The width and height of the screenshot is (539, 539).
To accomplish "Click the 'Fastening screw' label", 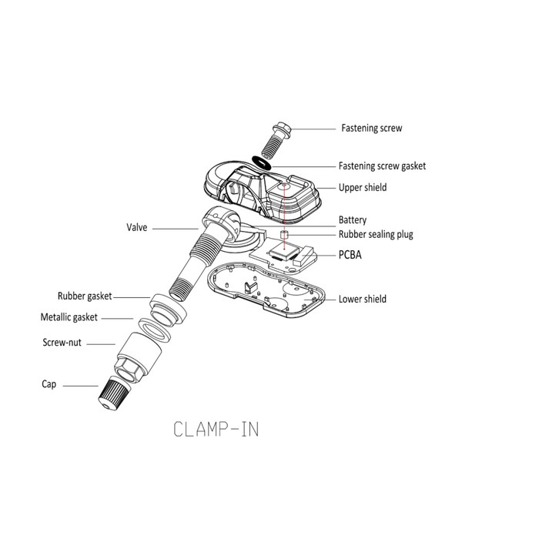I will tap(371, 128).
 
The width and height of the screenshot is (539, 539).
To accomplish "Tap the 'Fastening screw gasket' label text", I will tap(382, 166).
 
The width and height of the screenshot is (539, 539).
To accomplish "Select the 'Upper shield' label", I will tap(363, 187).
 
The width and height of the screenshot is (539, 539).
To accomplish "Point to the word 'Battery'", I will tap(353, 219).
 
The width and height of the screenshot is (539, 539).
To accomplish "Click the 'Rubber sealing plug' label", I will tap(376, 235).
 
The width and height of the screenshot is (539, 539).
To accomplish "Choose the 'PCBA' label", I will tap(351, 253).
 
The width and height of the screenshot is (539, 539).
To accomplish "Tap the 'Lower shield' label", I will tap(362, 299).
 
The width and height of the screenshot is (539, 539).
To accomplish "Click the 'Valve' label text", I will tap(137, 228).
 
